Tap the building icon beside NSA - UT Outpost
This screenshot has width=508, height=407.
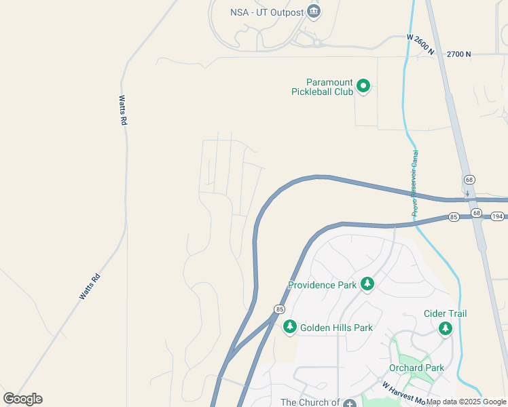313,11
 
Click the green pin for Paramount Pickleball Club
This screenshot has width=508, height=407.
363,86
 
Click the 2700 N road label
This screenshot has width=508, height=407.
458,54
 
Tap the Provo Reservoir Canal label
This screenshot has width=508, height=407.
415,183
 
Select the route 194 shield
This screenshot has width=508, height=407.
498,216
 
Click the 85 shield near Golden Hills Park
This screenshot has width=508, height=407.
279,309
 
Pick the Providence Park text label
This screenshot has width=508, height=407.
322,285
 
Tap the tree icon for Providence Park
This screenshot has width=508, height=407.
367,283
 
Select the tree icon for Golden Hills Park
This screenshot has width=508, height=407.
290,327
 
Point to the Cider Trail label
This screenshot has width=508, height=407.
445,313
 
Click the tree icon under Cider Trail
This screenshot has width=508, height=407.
445,329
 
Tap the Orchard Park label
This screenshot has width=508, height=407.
416,368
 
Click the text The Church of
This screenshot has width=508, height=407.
310,402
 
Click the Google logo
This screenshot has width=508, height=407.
22,399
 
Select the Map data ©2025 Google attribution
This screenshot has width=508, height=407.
467,402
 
